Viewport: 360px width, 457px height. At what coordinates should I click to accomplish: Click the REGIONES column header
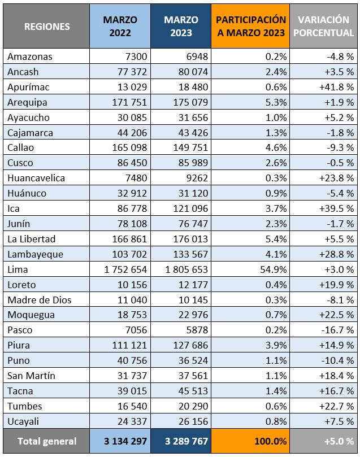[47, 27]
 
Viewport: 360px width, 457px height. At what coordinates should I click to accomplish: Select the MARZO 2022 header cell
[120, 27]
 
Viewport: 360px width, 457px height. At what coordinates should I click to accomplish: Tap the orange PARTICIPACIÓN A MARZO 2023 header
[250, 27]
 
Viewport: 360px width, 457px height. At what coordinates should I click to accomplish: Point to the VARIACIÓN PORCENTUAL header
[323, 27]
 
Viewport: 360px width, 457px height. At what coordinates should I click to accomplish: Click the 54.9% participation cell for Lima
[273, 269]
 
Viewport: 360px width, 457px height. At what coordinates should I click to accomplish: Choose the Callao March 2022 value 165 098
[126, 148]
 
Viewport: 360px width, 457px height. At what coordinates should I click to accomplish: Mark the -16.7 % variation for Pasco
[336, 330]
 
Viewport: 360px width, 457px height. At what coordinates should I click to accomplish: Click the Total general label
[47, 441]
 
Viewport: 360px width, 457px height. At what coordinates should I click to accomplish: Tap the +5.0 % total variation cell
[336, 441]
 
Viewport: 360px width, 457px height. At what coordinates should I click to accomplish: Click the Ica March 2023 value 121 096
[188, 208]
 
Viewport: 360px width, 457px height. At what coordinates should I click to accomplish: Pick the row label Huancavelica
[36, 178]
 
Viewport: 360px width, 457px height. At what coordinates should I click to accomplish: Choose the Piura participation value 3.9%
[276, 345]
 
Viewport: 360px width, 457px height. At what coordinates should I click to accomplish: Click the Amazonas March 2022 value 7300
[135, 56]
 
